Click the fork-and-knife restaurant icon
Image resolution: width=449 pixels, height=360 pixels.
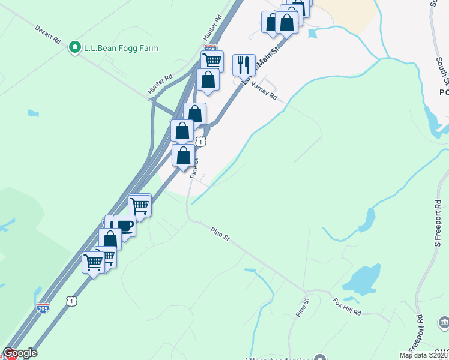coord(244,65)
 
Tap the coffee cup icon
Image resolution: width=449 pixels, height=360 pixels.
coord(125,226)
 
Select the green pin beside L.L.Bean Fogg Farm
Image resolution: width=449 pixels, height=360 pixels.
coord(74,47)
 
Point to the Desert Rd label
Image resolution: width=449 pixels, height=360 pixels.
coord(48,34)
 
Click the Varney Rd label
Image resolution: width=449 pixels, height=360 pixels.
coord(264,92)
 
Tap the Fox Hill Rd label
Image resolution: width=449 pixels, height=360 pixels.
coord(348,308)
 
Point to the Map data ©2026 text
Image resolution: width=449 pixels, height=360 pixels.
coord(424,355)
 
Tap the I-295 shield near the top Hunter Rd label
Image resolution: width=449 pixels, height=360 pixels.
coord(210,47)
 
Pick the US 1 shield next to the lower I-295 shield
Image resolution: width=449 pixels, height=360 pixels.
coord(71,301)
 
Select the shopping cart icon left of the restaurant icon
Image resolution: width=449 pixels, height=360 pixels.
coord(212,61)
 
